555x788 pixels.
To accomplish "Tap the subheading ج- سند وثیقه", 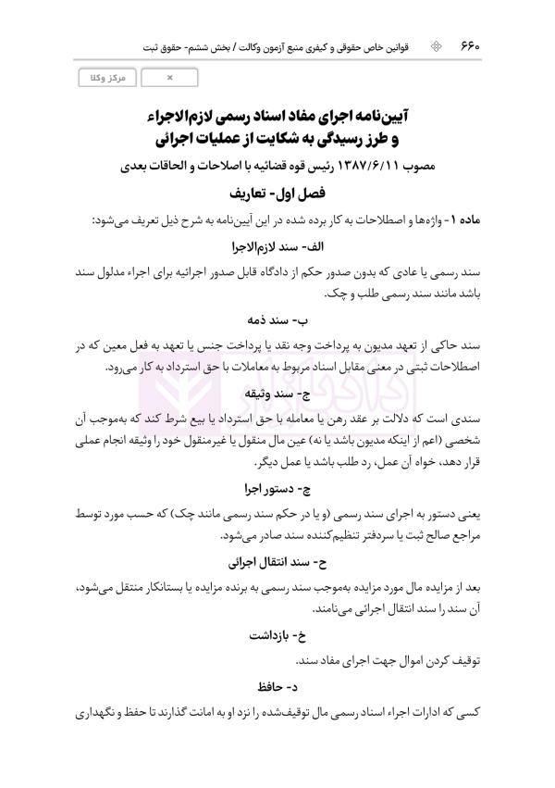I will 277,394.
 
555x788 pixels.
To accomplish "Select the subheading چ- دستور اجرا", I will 277,487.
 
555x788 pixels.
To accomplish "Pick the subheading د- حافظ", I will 277,687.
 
